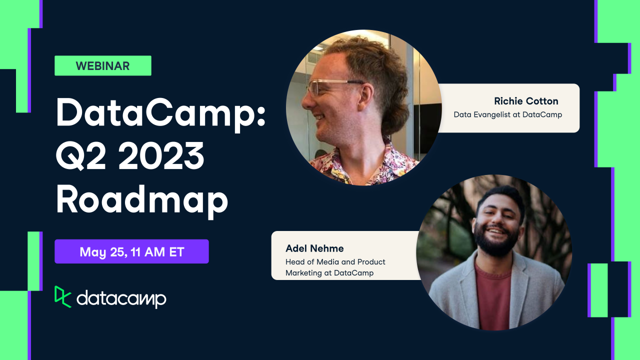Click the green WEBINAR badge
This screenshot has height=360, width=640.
[102, 65]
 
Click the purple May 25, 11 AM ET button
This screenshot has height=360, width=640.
[131, 251]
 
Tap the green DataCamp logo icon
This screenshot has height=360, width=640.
[62, 296]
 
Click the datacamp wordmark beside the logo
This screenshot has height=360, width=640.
[121, 298]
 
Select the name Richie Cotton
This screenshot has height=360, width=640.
[526, 101]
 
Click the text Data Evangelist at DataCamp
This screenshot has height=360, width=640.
[507, 114]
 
